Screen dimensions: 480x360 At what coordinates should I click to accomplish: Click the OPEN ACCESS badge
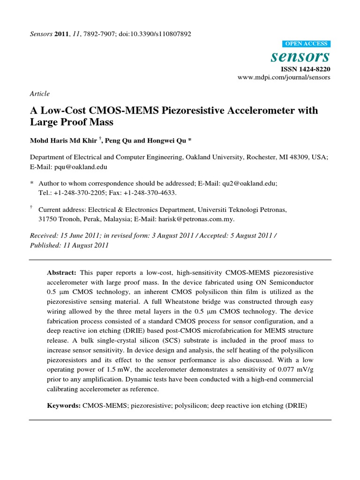pyautogui.click(x=307, y=44)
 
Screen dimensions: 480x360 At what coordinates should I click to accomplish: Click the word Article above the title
pyautogui.click(x=39, y=94)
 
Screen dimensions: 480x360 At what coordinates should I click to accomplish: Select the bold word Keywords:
pyautogui.click(x=64, y=404)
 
